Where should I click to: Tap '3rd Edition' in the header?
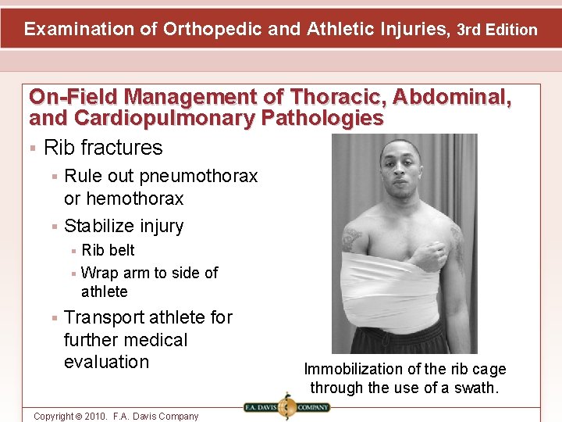click(x=497, y=30)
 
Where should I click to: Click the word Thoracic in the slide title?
click(x=340, y=97)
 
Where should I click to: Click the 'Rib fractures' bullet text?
click(x=103, y=148)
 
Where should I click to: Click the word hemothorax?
click(x=134, y=198)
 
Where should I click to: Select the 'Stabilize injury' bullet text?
click(x=123, y=226)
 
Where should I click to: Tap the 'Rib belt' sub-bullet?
click(x=108, y=250)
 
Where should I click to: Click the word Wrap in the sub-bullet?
click(x=100, y=273)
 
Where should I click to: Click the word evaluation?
click(x=106, y=362)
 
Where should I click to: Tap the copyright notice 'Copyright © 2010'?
click(x=85, y=416)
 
